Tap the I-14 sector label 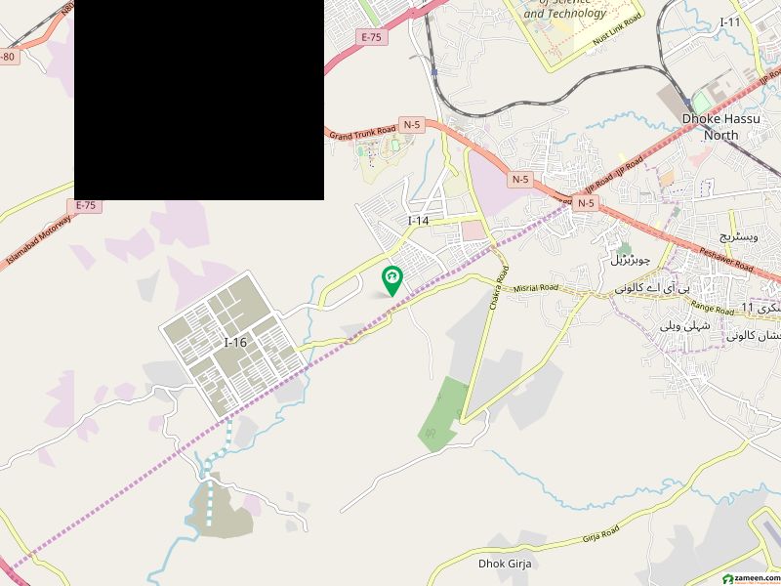pos(418,221)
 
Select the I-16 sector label pos(235,343)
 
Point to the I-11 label pos(730,21)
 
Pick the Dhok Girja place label pos(503,564)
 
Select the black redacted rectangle pos(199,100)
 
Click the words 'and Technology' pos(565,14)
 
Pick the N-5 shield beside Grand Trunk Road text pos(412,125)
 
